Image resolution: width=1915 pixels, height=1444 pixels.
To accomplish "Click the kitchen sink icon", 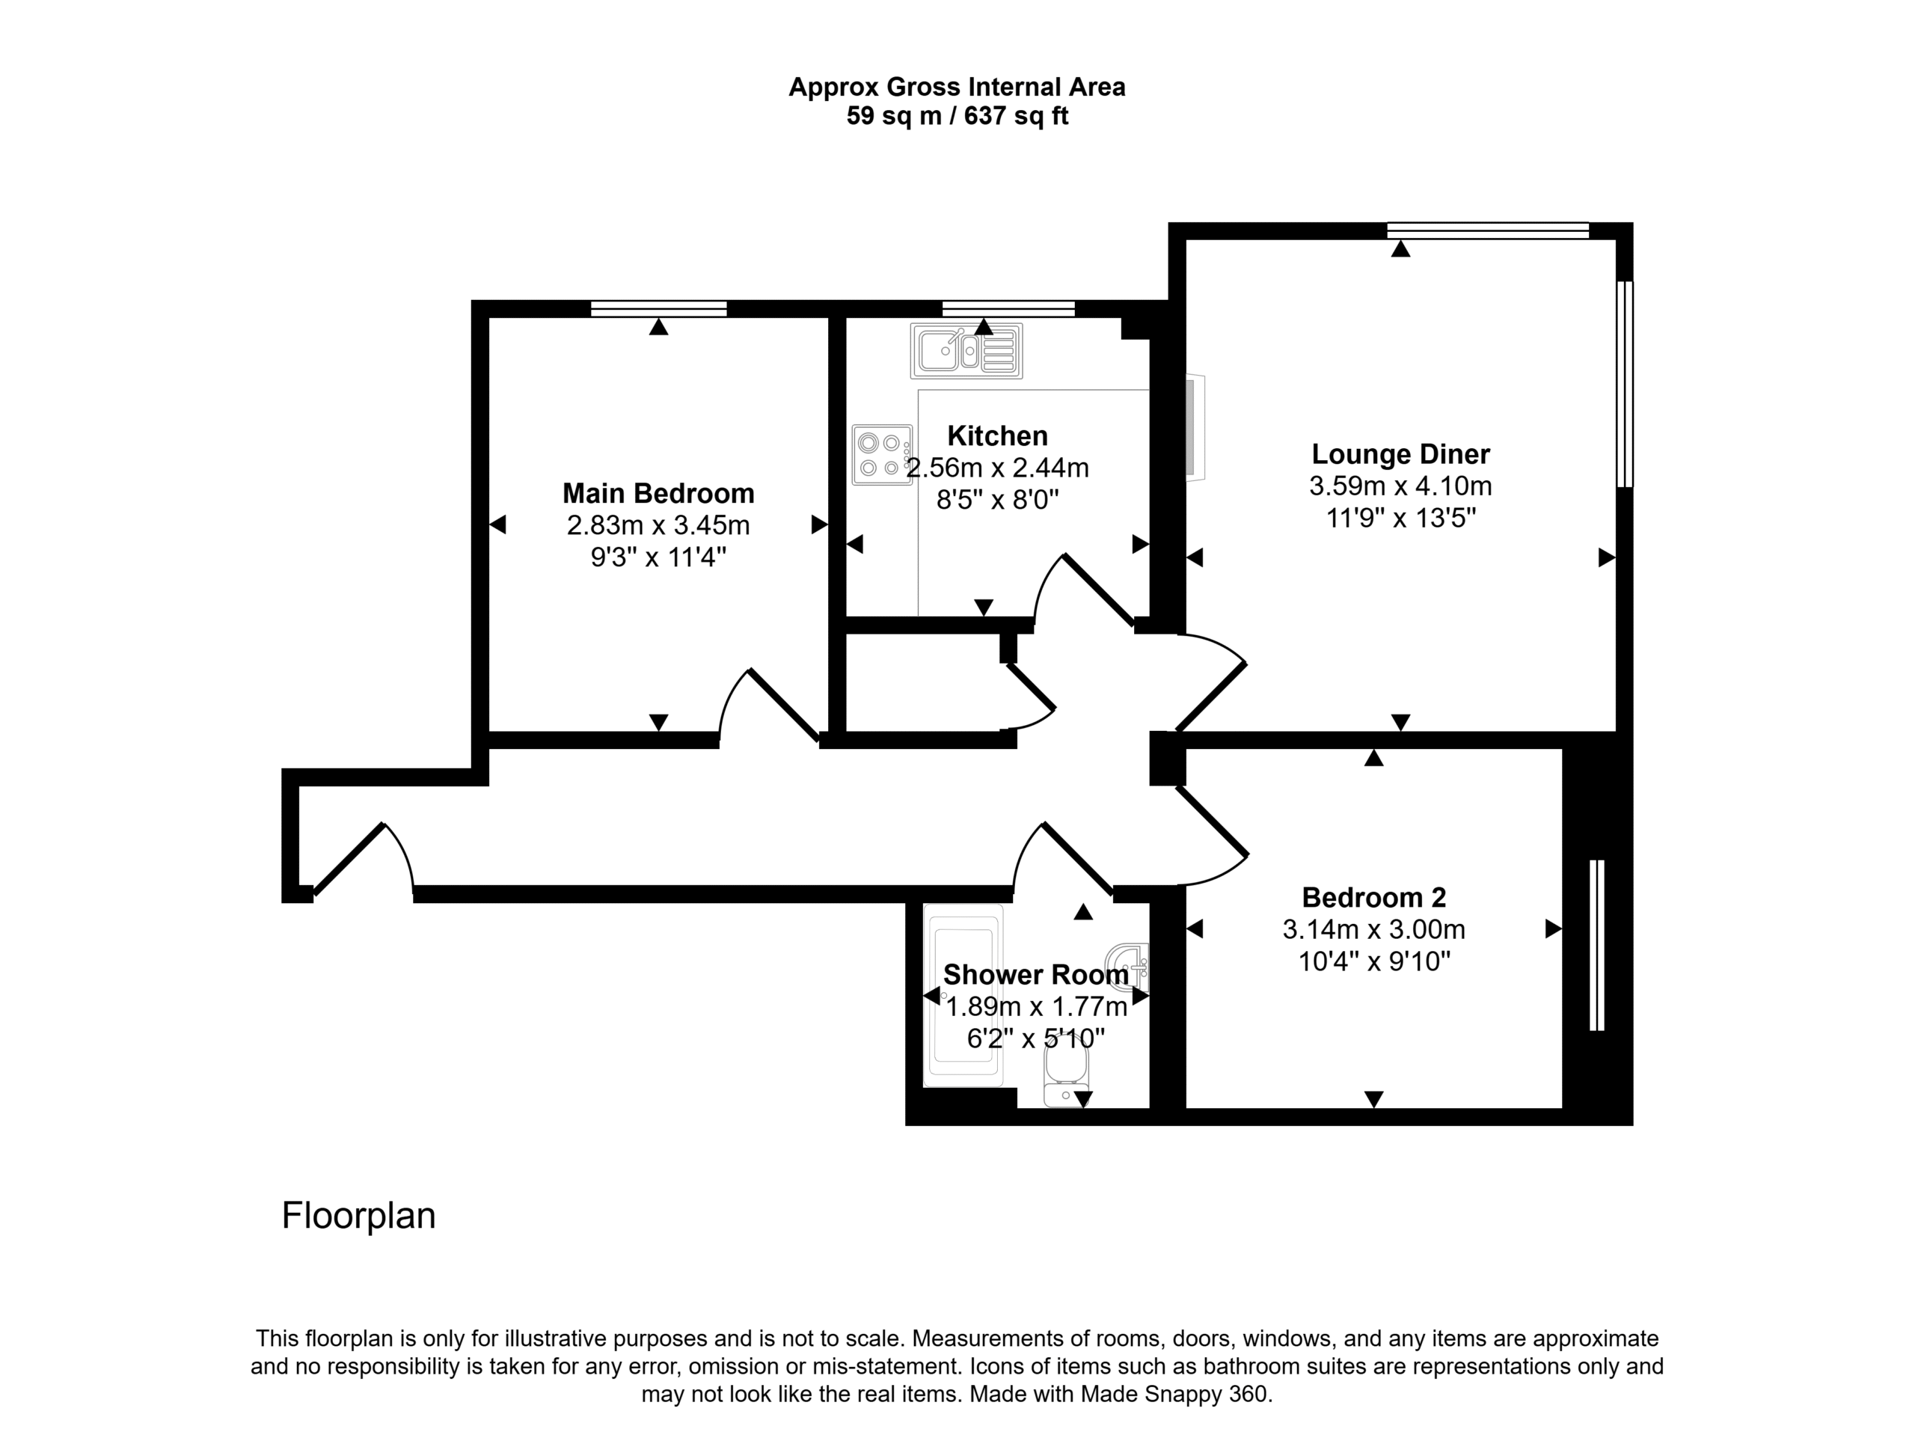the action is pos(966,351).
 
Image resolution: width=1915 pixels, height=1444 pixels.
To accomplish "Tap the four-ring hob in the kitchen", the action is pos(882,454).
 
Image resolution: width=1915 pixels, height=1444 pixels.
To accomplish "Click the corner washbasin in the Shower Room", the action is pos(1130,966).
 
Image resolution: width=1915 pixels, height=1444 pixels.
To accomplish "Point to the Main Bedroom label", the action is pos(658,494).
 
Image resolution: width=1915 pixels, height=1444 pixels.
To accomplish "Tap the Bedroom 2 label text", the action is pos(1374,897).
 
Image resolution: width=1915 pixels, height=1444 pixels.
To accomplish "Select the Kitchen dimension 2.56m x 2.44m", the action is pos(997,468).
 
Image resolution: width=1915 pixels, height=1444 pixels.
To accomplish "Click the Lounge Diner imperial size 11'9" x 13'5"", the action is pos(1401,518).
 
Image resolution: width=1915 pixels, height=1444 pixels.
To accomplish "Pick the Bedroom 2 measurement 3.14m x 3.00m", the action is pos(1374,930).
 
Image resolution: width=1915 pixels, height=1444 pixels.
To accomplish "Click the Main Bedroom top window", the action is pos(659,309).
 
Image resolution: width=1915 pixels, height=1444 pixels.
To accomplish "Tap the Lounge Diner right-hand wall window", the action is pos(1625,384).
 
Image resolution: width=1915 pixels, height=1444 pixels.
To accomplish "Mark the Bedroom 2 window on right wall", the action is pos(1597,946).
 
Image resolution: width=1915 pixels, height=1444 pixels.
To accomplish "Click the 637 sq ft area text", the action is pos(1017,116).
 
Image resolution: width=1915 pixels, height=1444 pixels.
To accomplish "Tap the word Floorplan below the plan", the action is pos(358,1216).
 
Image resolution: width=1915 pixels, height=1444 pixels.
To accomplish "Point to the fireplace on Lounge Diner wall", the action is pos(1195,426).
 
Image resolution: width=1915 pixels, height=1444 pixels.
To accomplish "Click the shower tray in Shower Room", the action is pos(963,996).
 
